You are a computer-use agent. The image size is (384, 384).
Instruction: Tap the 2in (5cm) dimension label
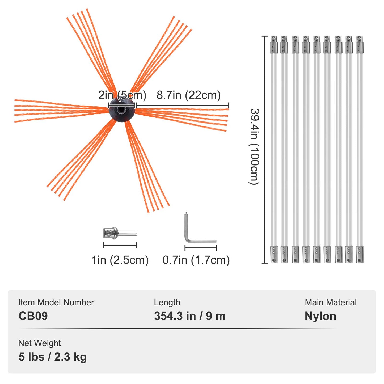(122, 95)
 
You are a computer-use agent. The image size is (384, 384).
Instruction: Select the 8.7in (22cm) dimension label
(188, 95)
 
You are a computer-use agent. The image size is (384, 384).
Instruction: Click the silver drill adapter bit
(120, 233)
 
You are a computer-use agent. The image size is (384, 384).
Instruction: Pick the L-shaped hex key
(197, 234)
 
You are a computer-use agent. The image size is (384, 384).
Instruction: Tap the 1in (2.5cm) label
(120, 260)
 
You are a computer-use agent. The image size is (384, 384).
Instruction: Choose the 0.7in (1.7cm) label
(196, 260)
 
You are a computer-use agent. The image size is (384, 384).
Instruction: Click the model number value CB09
(33, 316)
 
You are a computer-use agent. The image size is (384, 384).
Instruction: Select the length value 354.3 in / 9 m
(190, 316)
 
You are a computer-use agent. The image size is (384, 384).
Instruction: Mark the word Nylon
(320, 316)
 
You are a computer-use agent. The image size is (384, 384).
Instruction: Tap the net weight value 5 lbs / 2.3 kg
(53, 357)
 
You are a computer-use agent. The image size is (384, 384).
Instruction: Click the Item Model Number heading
(56, 302)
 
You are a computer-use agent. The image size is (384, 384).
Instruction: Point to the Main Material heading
(331, 302)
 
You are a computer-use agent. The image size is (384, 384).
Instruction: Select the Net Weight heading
(39, 343)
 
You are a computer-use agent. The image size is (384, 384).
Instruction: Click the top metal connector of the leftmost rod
(274, 45)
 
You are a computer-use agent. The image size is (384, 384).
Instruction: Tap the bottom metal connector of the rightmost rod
(360, 254)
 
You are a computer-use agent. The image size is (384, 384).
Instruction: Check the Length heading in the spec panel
(167, 302)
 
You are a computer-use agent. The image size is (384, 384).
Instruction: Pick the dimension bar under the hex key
(201, 248)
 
